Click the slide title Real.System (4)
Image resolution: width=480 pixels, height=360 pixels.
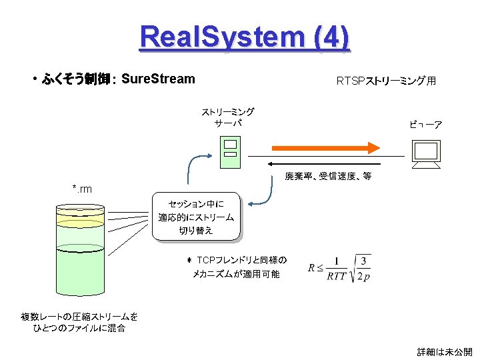(x=244, y=37)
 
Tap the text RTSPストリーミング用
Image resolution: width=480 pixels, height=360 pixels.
(x=386, y=81)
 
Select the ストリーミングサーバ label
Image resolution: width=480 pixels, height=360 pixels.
(x=228, y=117)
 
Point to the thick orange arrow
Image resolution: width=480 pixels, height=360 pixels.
(x=325, y=147)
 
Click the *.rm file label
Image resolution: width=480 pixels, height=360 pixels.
(x=82, y=189)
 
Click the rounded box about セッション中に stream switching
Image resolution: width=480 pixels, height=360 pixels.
(x=196, y=217)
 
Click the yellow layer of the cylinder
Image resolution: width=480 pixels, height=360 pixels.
(x=79, y=217)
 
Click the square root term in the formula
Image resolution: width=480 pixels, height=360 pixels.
(x=362, y=268)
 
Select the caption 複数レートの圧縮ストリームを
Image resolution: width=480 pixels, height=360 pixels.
(x=79, y=316)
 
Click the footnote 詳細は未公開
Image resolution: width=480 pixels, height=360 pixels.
(x=444, y=351)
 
